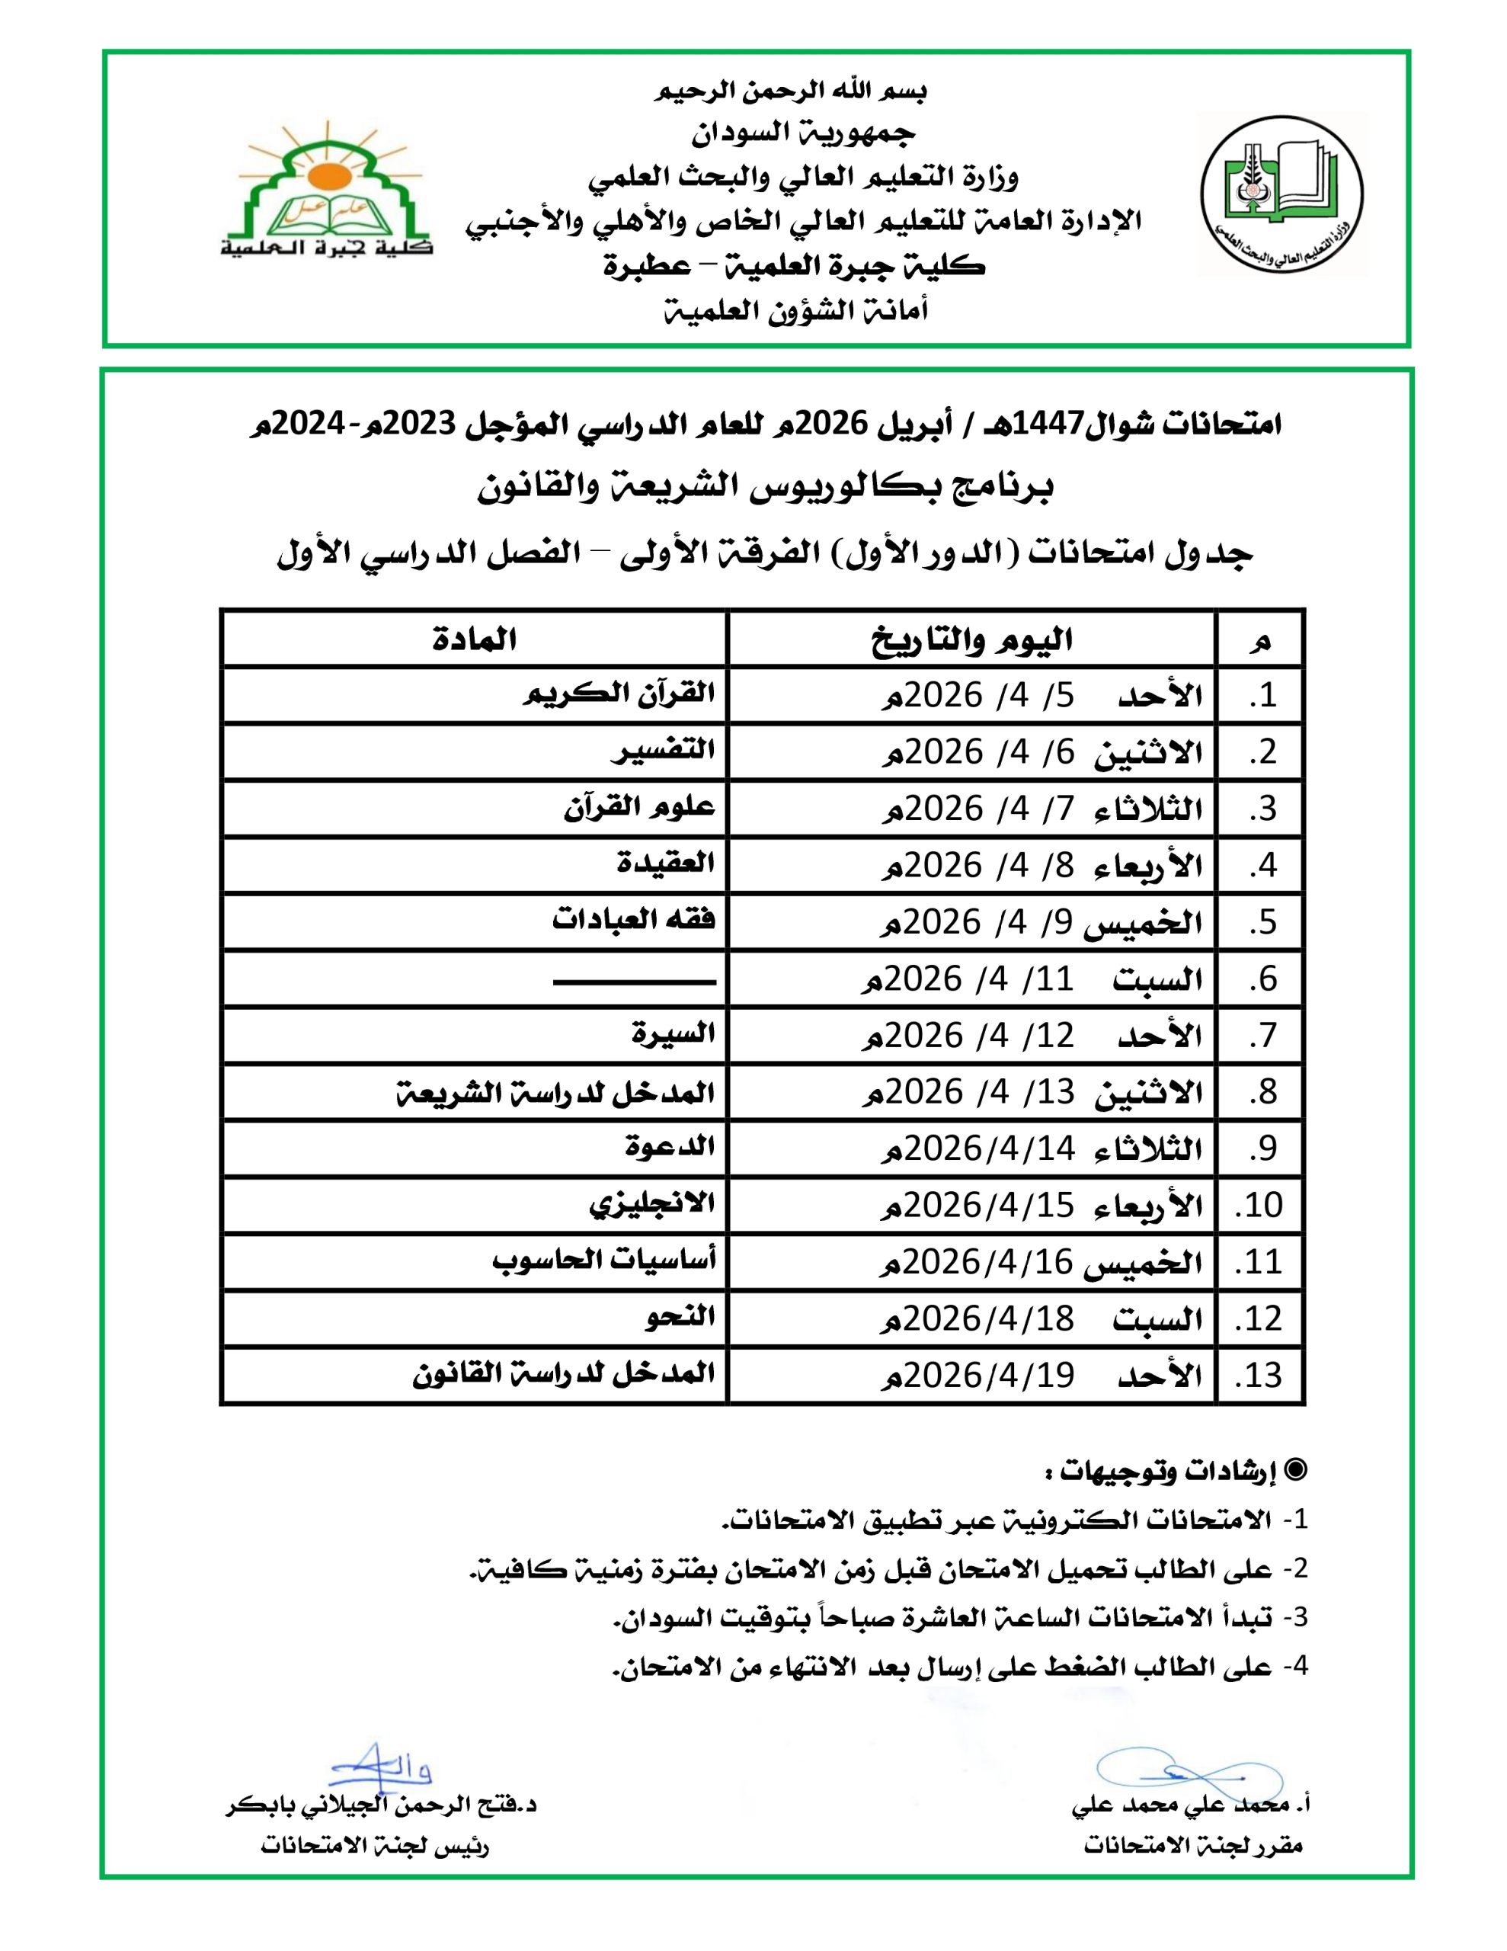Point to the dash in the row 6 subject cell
[x=634, y=982]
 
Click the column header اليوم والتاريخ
[x=972, y=639]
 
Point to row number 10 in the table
[x=1259, y=1205]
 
